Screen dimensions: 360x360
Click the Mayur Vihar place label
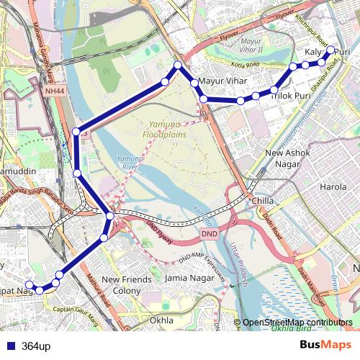tap(222, 81)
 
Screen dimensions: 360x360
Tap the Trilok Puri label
tap(292, 95)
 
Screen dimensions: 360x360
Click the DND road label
tap(210, 234)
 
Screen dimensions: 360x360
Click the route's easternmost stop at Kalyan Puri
tap(331, 50)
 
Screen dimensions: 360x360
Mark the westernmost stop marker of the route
tap(30, 284)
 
